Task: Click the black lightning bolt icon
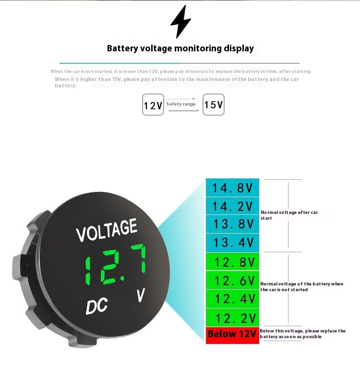pyautogui.click(x=180, y=22)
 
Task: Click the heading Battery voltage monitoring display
pyautogui.click(x=180, y=48)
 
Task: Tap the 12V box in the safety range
pyautogui.click(x=153, y=105)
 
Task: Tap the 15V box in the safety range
pyautogui.click(x=213, y=105)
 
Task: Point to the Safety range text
pyautogui.click(x=181, y=104)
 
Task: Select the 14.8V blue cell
pyautogui.click(x=233, y=188)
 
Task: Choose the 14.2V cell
pyautogui.click(x=233, y=206)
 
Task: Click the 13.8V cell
pyautogui.click(x=233, y=224)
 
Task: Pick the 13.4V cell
pyautogui.click(x=233, y=243)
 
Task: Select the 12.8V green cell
pyautogui.click(x=233, y=262)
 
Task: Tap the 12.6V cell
pyautogui.click(x=233, y=281)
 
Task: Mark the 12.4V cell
pyautogui.click(x=233, y=299)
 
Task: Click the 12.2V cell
pyautogui.click(x=233, y=318)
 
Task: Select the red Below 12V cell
pyautogui.click(x=232, y=335)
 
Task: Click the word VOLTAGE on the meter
pyautogui.click(x=107, y=230)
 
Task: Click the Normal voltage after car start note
pyautogui.click(x=289, y=215)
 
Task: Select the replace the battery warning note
pyautogui.click(x=302, y=334)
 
